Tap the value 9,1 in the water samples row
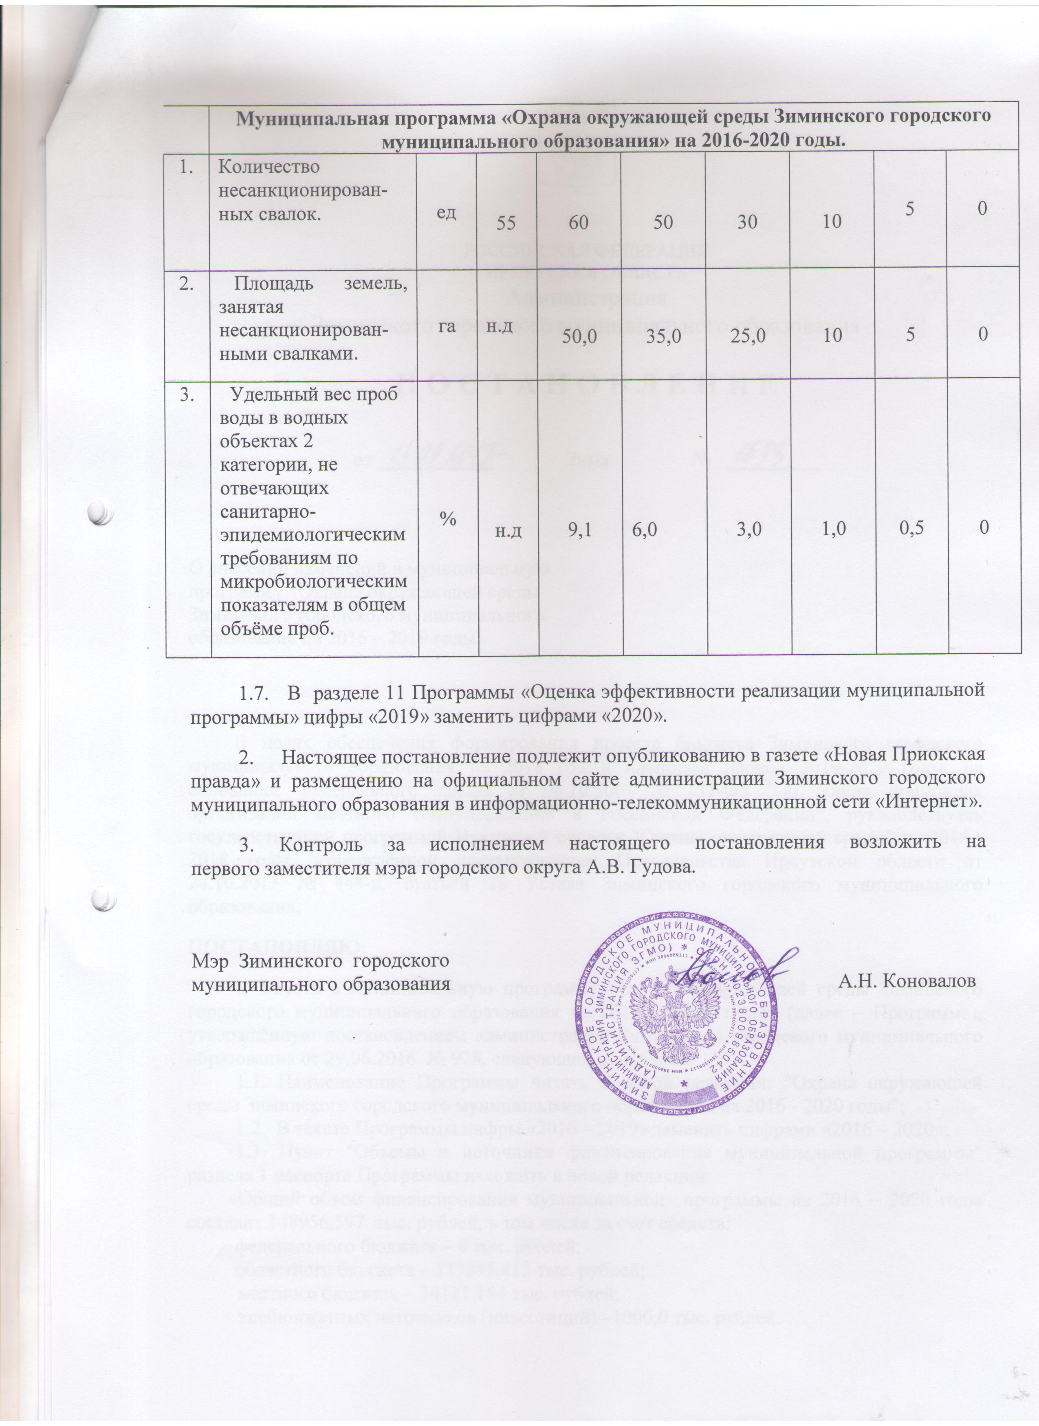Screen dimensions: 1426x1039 click(x=579, y=530)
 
